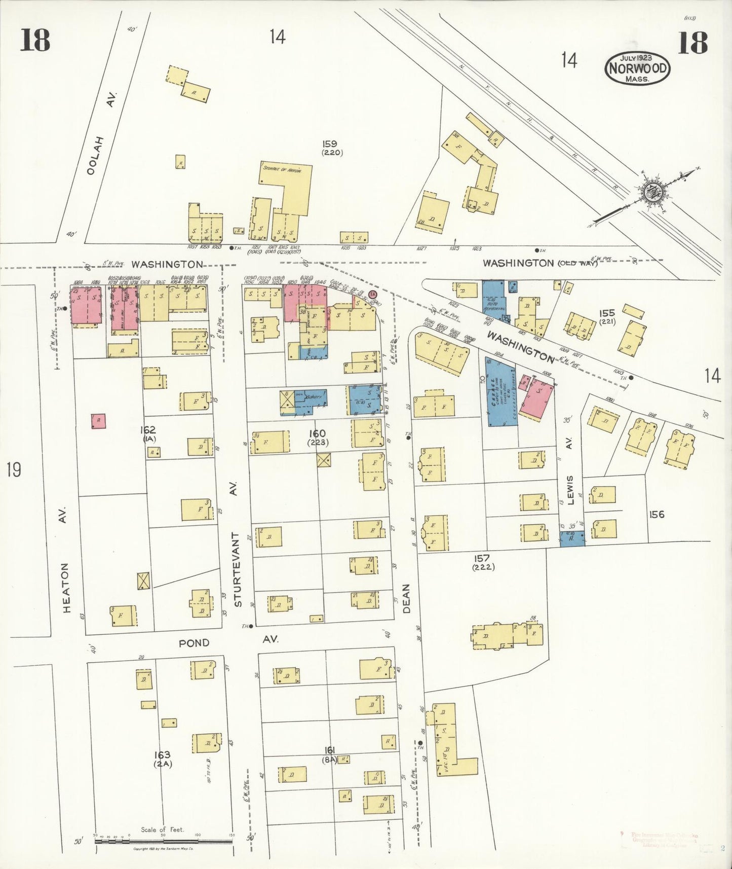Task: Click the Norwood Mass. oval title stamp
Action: pyautogui.click(x=637, y=68)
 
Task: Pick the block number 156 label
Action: pyautogui.click(x=657, y=514)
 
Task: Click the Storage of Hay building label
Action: pyautogui.click(x=282, y=171)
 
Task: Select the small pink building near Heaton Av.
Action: pyautogui.click(x=99, y=421)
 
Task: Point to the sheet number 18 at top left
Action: pyautogui.click(x=35, y=41)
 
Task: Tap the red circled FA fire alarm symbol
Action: pyautogui.click(x=373, y=294)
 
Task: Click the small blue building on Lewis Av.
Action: pyautogui.click(x=572, y=538)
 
